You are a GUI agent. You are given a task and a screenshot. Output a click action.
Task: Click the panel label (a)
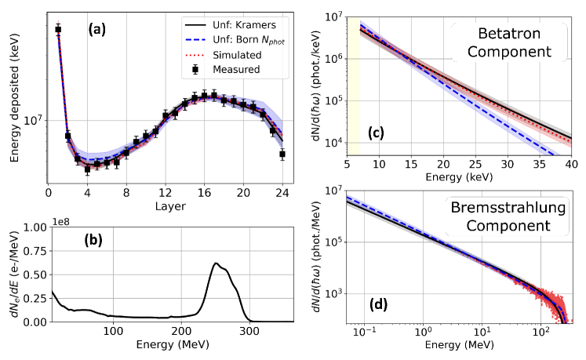pyautogui.click(x=98, y=30)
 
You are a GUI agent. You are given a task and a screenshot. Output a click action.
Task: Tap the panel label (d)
pyautogui.click(x=377, y=300)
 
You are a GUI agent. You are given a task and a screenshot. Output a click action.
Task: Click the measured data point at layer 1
pyautogui.click(x=58, y=30)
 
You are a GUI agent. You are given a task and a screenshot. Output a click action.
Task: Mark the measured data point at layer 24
pyautogui.click(x=282, y=154)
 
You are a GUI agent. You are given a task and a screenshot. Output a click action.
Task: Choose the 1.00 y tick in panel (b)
pyautogui.click(x=35, y=227)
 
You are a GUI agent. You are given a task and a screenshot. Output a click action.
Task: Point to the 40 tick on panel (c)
pyautogui.click(x=570, y=166)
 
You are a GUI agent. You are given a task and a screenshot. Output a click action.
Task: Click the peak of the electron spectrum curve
pyautogui.click(x=216, y=264)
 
